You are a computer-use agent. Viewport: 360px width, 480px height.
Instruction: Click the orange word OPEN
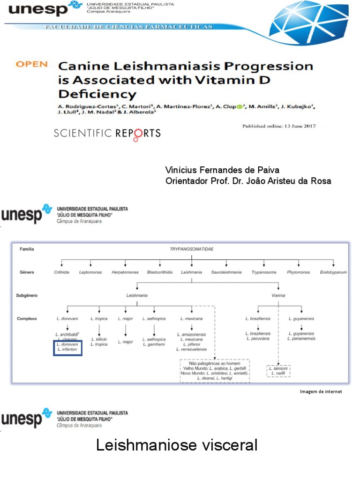click(x=31, y=64)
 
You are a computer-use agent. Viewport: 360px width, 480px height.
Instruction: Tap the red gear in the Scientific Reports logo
click(x=139, y=135)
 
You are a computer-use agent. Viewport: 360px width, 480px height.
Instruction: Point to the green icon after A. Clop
click(x=240, y=107)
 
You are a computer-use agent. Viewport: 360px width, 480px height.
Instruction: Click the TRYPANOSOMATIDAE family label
click(x=191, y=249)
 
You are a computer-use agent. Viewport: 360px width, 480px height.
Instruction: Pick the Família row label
click(x=27, y=249)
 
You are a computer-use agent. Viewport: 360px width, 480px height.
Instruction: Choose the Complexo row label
click(x=27, y=318)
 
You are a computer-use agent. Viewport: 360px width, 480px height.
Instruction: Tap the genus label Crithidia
click(x=61, y=272)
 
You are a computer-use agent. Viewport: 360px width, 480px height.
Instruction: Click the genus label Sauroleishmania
click(x=226, y=272)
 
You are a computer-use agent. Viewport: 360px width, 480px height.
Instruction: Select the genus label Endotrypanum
click(x=333, y=272)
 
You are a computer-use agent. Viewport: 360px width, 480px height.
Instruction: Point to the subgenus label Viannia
click(x=278, y=296)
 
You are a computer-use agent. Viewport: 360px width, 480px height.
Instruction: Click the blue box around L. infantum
click(x=67, y=348)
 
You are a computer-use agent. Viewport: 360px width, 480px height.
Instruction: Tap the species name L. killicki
click(x=99, y=339)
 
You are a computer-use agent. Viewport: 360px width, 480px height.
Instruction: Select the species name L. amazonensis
click(x=191, y=334)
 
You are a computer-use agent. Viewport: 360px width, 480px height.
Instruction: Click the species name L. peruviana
click(x=258, y=338)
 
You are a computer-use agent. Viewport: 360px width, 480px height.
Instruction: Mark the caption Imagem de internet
click(x=321, y=391)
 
